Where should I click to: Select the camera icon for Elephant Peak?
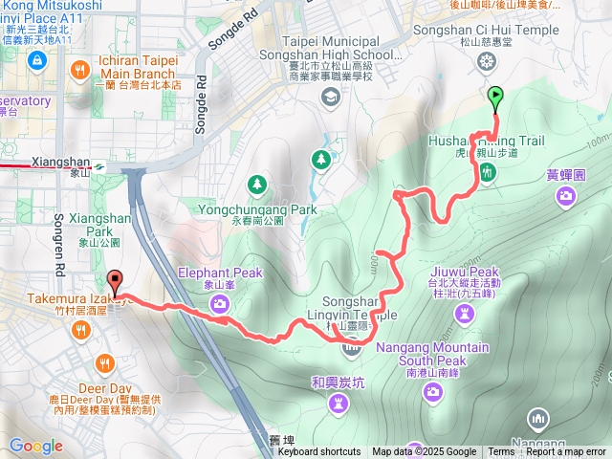click(x=220, y=304)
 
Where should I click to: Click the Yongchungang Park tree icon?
click(x=256, y=184)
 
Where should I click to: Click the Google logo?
click(x=35, y=446)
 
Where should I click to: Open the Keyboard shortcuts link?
click(x=319, y=452)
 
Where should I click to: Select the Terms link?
click(x=501, y=452)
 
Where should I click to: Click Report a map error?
click(x=565, y=452)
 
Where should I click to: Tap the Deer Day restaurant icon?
click(x=103, y=363)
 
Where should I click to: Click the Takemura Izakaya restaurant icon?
click(x=80, y=330)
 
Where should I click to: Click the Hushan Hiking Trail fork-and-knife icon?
click(x=488, y=173)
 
